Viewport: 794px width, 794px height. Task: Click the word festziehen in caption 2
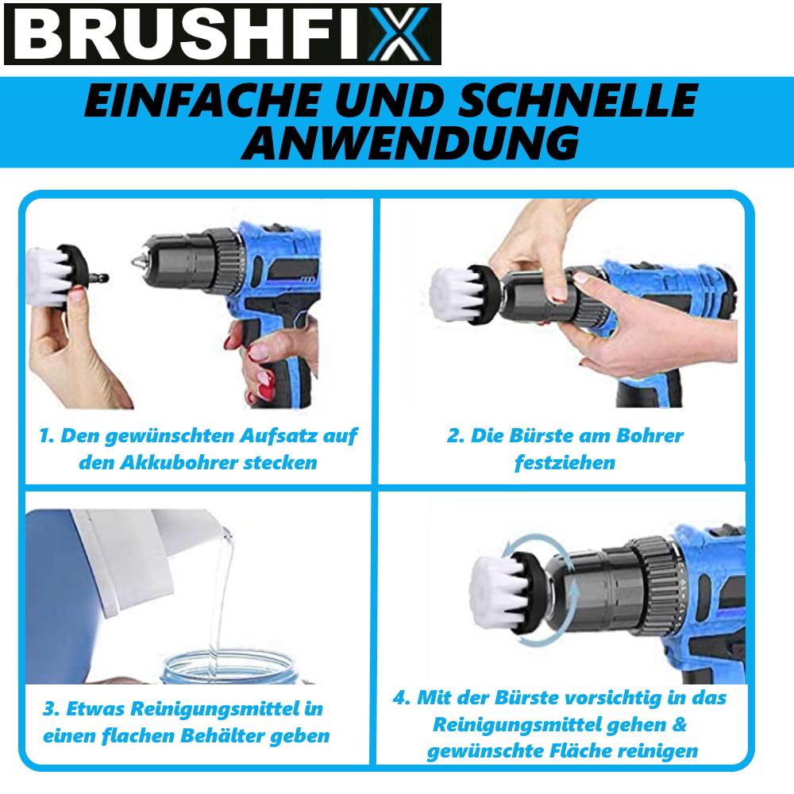click(x=565, y=462)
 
